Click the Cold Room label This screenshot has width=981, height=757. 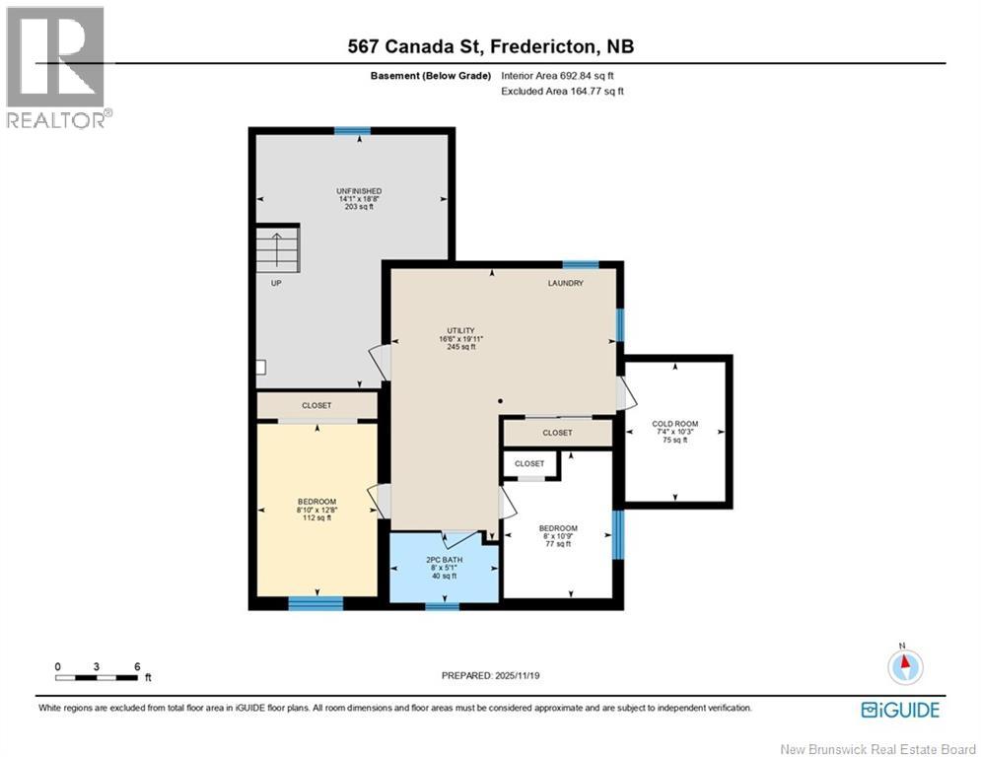pos(674,432)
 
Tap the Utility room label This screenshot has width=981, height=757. pos(460,338)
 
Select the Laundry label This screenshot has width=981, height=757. pos(566,283)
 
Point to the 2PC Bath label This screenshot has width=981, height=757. pos(443,568)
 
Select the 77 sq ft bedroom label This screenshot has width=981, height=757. pos(558,535)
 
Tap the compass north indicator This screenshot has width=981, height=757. pos(904,665)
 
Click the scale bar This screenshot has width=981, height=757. pos(97,677)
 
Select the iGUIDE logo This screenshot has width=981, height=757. pos(899,710)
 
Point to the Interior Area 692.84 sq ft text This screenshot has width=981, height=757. pos(563,76)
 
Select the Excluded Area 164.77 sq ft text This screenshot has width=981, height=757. pos(563,91)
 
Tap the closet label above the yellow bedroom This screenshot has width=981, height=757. pos(316,405)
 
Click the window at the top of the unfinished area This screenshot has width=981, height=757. pos(352,130)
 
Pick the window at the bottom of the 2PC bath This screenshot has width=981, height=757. pos(442,605)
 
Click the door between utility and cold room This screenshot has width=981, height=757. pos(621,392)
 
